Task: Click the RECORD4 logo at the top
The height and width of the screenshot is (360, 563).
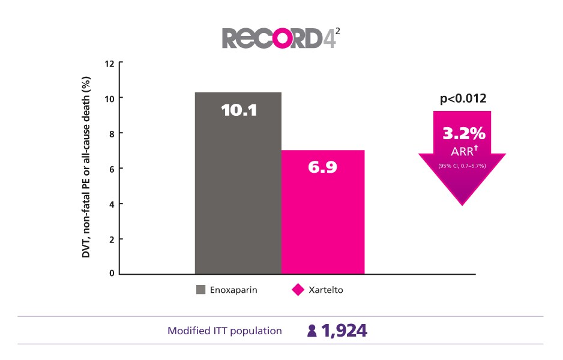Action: tap(281, 37)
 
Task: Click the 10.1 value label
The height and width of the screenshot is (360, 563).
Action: tap(238, 110)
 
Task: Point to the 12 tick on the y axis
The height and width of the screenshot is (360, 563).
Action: tap(109, 62)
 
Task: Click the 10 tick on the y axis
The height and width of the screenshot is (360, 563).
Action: tap(109, 98)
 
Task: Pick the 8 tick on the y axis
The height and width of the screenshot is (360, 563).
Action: tap(112, 133)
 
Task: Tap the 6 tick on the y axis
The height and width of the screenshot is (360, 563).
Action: tap(112, 169)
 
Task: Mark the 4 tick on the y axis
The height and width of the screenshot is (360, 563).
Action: tap(112, 204)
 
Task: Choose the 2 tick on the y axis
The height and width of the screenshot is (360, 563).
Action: tap(112, 239)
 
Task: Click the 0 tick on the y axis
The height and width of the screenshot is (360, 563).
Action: tap(112, 274)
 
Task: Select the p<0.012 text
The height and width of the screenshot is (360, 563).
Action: tap(463, 100)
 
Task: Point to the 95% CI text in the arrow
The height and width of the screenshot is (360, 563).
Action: tap(462, 166)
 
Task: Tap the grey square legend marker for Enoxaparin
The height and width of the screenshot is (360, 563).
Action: tap(201, 290)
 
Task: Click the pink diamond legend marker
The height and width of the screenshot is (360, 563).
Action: tap(298, 290)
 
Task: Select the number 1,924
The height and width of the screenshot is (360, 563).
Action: tap(344, 331)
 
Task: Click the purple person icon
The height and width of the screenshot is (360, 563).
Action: tap(312, 331)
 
